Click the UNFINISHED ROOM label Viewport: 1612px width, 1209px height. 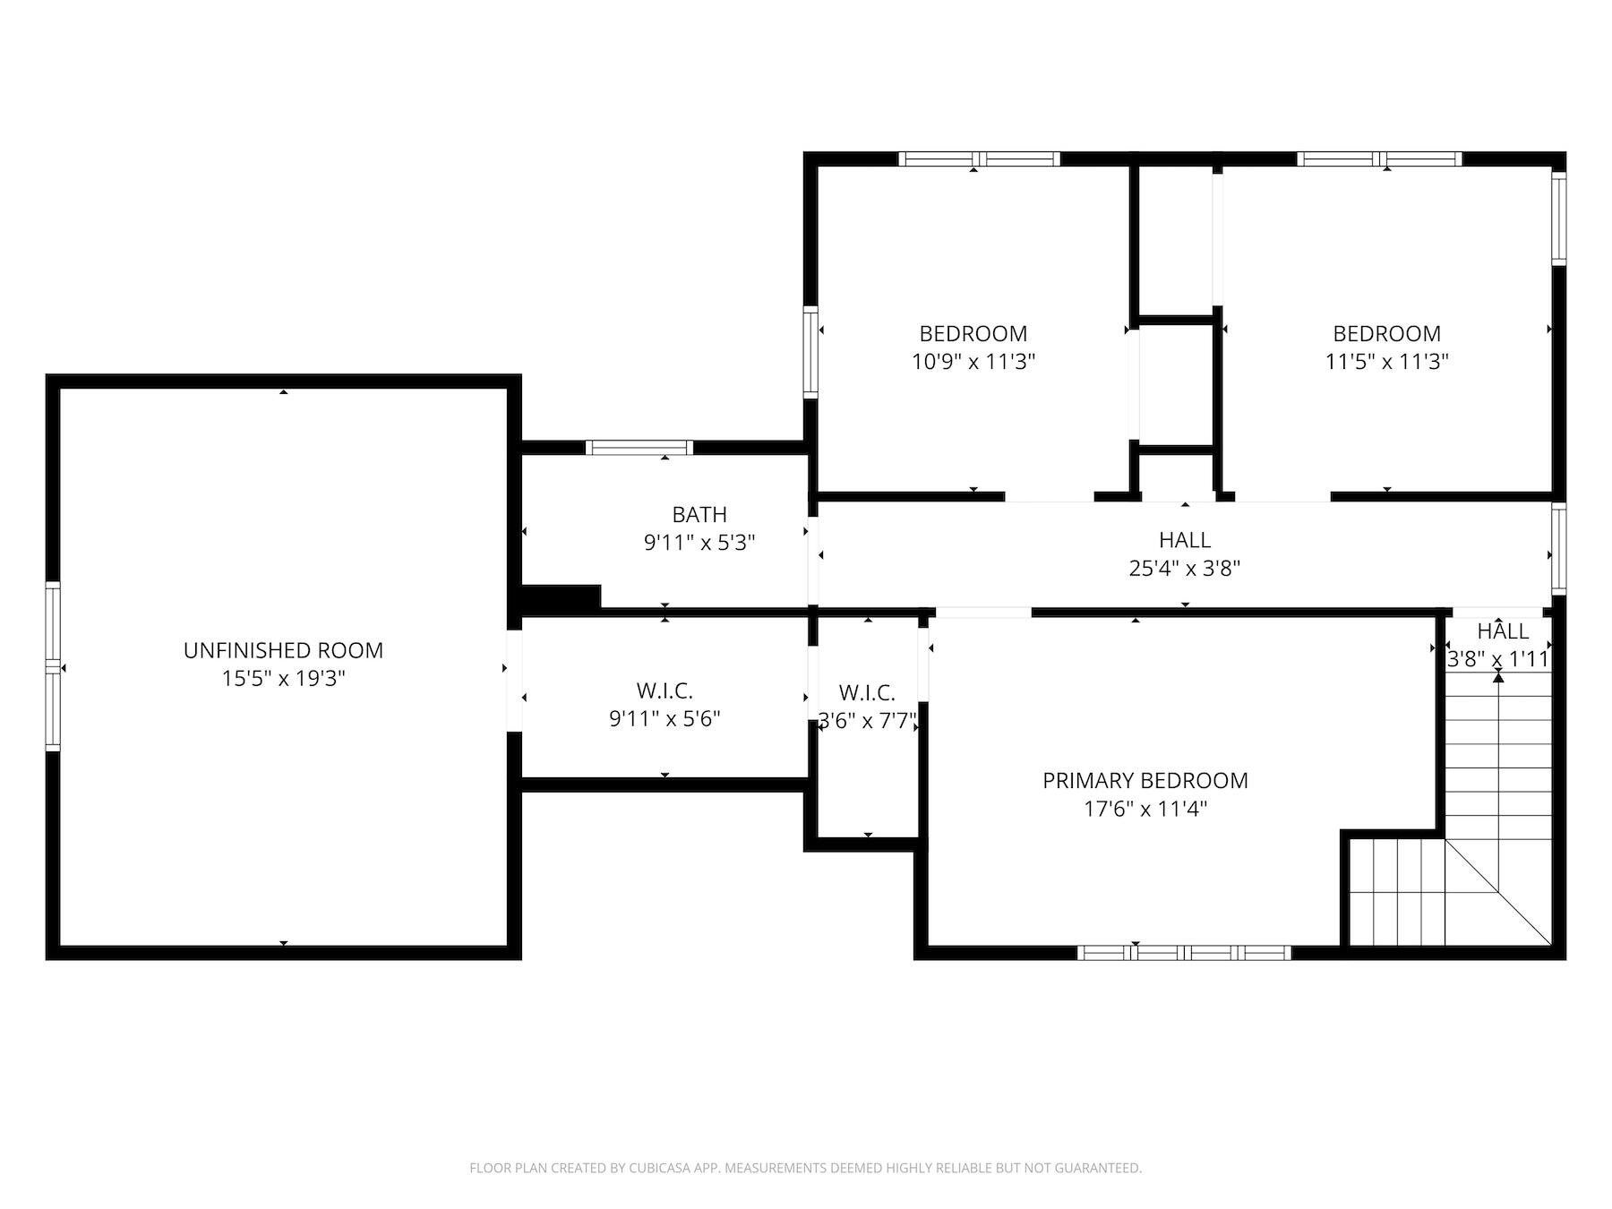[283, 650]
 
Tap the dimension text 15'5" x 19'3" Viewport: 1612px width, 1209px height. [283, 679]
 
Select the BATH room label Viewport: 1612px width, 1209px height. [699, 514]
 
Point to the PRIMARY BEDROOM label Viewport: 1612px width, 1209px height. [1145, 780]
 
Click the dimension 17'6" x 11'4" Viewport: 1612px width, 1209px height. [1145, 809]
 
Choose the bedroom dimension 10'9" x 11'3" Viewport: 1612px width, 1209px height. [973, 362]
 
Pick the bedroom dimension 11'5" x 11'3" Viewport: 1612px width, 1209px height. [1386, 362]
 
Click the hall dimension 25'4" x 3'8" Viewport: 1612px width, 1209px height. [1185, 569]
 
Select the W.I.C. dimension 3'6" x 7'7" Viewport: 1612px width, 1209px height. [867, 721]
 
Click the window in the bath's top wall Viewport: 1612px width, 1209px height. [639, 448]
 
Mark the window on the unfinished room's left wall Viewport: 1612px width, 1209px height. [53, 667]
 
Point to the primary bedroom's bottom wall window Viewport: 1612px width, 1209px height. [1184, 953]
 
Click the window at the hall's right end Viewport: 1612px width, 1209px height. [1559, 549]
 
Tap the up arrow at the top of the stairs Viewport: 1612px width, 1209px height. [1498, 677]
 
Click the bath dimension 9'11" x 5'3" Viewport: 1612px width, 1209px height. [699, 543]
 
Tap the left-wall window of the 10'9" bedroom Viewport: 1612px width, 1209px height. [810, 352]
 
